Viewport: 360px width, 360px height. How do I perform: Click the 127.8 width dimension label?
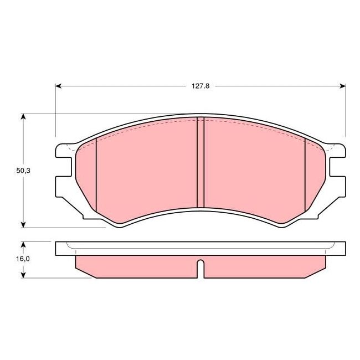(x=200, y=86)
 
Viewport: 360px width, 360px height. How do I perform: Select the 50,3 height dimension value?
(x=23, y=171)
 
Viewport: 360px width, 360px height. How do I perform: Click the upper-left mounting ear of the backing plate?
(x=63, y=150)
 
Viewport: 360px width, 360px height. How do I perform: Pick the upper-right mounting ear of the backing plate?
(x=338, y=150)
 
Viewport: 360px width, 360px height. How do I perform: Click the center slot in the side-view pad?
(x=200, y=269)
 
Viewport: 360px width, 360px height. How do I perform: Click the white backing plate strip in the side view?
(x=200, y=249)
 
